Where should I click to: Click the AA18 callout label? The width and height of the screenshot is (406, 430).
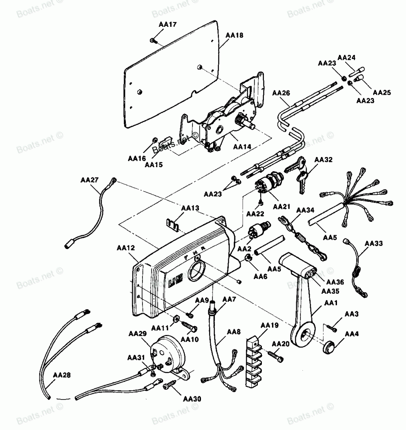[x=234, y=35]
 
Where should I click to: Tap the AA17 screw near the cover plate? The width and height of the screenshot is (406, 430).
[x=153, y=41]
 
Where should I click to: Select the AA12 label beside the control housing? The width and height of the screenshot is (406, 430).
[x=126, y=248]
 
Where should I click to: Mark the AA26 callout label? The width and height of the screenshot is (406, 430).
[x=281, y=93]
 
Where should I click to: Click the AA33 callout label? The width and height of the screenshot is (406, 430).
[x=374, y=244]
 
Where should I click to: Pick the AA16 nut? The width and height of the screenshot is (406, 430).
[x=155, y=140]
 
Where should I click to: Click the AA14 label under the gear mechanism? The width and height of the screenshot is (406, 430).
[x=242, y=147]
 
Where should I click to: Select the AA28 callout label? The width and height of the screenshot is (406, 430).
[x=62, y=375]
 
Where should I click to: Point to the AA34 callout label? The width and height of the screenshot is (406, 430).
[x=305, y=210]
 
